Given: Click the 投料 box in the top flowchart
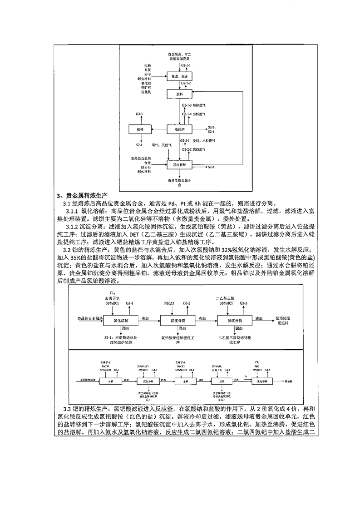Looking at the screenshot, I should tap(180, 94).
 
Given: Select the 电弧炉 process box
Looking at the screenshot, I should tap(180, 129).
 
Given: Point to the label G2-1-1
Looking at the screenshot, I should tap(186, 66).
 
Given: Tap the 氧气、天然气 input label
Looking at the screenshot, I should tap(163, 145).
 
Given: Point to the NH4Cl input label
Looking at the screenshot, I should tap(170, 302).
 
